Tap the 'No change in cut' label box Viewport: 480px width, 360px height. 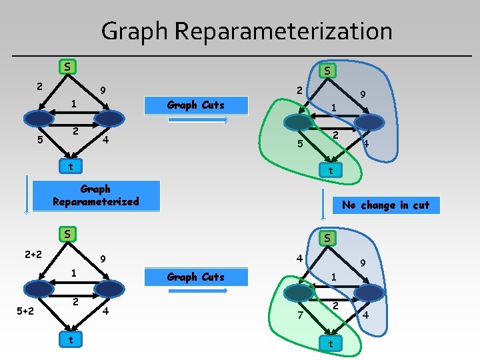pyautogui.click(x=386, y=205)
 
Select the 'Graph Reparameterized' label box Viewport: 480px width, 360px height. pyautogui.click(x=96, y=195)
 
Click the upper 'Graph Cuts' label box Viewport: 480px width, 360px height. pyautogui.click(x=196, y=105)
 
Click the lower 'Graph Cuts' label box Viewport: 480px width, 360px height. pyautogui.click(x=196, y=277)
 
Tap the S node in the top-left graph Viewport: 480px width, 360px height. pyautogui.click(x=67, y=66)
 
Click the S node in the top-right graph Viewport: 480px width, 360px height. pyautogui.click(x=328, y=70)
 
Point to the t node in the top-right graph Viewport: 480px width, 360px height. pyautogui.click(x=330, y=171)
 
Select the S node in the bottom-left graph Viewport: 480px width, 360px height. pyautogui.click(x=67, y=234)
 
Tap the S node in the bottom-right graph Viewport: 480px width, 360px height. pyautogui.click(x=329, y=238)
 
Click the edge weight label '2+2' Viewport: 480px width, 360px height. pyautogui.click(x=32, y=253)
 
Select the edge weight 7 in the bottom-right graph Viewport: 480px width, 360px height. pyautogui.click(x=300, y=314)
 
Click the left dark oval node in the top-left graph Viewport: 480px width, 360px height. pyautogui.click(x=39, y=118)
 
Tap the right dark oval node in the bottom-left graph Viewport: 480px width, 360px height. pyautogui.click(x=109, y=288)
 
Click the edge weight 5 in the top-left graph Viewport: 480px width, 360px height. pyautogui.click(x=40, y=140)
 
